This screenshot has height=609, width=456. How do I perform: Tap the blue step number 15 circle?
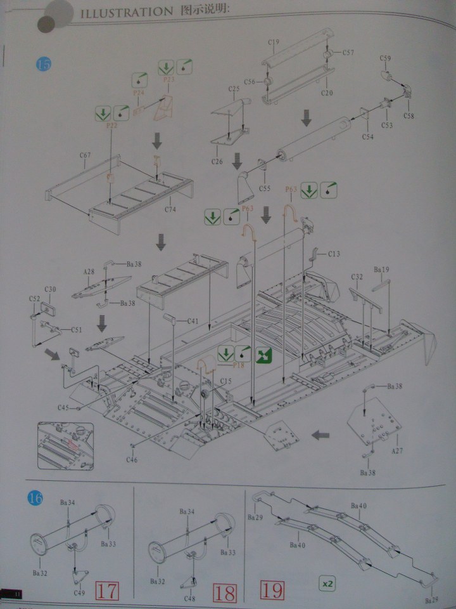point(44,64)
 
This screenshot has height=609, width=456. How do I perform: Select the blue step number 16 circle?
point(35,499)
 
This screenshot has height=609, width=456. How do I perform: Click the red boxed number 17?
point(106,591)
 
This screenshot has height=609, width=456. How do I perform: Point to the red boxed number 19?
point(272,591)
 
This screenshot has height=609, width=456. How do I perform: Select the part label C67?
point(85,155)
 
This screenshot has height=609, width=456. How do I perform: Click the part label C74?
point(170,209)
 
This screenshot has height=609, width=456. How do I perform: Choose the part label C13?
point(334,254)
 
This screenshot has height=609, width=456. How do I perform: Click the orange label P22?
point(112,126)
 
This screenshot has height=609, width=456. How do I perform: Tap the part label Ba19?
point(381,270)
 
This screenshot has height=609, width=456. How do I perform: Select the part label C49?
point(79,593)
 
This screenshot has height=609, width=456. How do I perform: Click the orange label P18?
point(238,365)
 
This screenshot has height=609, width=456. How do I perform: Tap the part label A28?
point(89,272)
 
